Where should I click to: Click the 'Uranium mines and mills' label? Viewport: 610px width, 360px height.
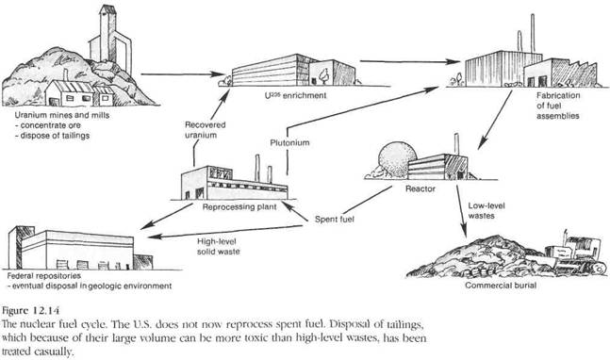[62, 115]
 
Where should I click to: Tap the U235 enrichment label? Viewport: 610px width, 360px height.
[295, 95]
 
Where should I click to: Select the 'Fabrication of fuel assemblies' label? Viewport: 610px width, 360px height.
[558, 106]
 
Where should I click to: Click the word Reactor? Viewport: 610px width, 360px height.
[420, 188]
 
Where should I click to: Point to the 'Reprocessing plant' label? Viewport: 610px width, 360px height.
[239, 206]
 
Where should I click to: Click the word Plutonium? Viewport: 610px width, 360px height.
[289, 142]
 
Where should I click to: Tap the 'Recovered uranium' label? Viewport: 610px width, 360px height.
[205, 130]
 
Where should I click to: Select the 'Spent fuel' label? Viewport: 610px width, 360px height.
[335, 220]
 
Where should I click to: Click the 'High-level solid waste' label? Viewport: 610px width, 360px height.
[218, 247]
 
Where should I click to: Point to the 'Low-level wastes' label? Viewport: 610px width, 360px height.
[486, 210]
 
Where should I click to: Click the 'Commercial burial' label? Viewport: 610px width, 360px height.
[501, 286]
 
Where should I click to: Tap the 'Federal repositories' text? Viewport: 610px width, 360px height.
[44, 276]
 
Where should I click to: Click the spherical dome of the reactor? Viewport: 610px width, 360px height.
[394, 157]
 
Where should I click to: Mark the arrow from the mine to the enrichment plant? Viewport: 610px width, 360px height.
[183, 74]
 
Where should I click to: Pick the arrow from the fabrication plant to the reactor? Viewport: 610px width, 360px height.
[495, 120]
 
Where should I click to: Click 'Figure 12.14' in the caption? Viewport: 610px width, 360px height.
[31, 311]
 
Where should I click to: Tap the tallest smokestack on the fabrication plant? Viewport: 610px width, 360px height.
[533, 33]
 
